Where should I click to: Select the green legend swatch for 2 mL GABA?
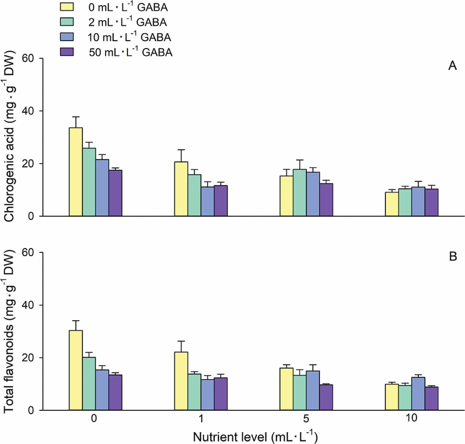pyautogui.click(x=66, y=22)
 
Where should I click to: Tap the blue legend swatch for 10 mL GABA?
pyautogui.click(x=66, y=36)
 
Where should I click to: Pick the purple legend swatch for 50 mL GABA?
pyautogui.click(x=66, y=52)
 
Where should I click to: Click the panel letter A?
pyautogui.click(x=452, y=66)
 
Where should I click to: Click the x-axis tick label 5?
pyautogui.click(x=306, y=418)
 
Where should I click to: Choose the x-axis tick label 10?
pyautogui.click(x=411, y=418)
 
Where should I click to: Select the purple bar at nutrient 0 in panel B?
pyautogui.click(x=115, y=392)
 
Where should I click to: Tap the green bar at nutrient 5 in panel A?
pyautogui.click(x=300, y=193)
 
